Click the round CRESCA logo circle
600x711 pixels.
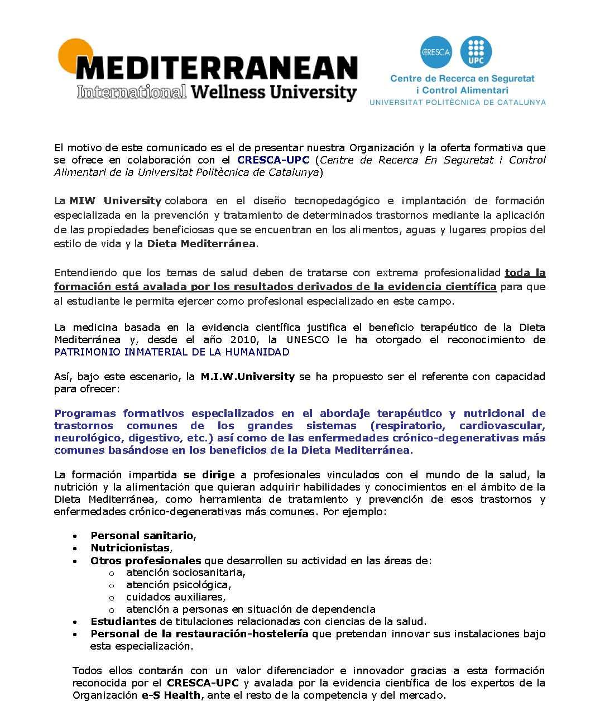pos(437,52)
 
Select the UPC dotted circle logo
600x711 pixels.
pos(476,52)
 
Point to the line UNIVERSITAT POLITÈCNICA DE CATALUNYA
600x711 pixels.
pos(458,102)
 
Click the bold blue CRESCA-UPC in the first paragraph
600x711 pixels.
pos(273,160)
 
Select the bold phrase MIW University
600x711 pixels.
pos(116,200)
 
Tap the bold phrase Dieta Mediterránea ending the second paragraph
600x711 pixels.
pos(201,243)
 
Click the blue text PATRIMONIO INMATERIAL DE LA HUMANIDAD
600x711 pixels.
pos(172,352)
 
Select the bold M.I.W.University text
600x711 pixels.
pos(247,376)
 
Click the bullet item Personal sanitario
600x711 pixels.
pos(142,536)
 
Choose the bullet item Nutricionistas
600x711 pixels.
pos(130,548)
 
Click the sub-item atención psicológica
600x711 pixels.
pos(178,585)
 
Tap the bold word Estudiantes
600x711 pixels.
pos(123,621)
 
